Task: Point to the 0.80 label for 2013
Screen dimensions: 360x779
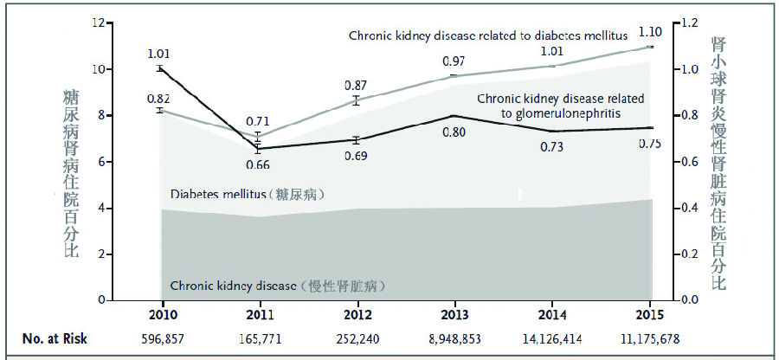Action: tap(454, 132)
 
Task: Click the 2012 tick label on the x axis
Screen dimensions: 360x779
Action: tap(357, 313)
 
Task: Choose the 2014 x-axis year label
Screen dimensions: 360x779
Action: tap(552, 313)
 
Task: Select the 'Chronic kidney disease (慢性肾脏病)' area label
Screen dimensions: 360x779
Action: tap(277, 286)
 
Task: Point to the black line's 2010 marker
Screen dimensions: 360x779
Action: tap(160, 68)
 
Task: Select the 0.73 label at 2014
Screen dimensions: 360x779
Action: tap(552, 147)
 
